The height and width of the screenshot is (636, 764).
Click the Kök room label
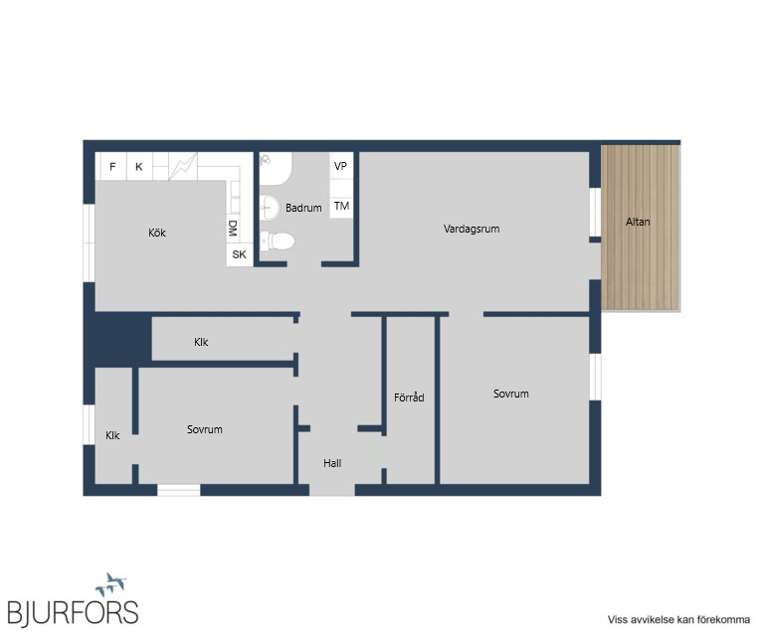(x=157, y=233)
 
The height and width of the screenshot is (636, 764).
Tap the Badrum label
(x=303, y=208)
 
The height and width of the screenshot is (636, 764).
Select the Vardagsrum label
(x=472, y=229)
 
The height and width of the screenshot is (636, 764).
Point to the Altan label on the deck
(x=638, y=222)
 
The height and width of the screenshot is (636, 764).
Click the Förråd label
(x=409, y=397)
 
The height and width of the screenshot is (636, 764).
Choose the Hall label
(x=332, y=463)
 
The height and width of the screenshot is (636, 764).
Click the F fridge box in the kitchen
(x=112, y=166)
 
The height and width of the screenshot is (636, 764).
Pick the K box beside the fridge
(x=139, y=166)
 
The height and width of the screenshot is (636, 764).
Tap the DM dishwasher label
(x=233, y=228)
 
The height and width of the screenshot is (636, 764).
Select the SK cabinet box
(x=239, y=254)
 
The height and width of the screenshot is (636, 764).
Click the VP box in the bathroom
(x=341, y=166)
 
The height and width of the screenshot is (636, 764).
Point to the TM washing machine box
(x=341, y=207)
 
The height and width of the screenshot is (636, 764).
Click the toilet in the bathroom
(x=277, y=240)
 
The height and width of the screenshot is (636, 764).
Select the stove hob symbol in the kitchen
(x=183, y=166)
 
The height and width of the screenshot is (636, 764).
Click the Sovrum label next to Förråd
(x=510, y=394)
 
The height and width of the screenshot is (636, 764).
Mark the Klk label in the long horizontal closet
(x=201, y=342)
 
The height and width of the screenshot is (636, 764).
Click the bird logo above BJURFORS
(x=111, y=584)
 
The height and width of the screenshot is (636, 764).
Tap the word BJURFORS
(x=73, y=612)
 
